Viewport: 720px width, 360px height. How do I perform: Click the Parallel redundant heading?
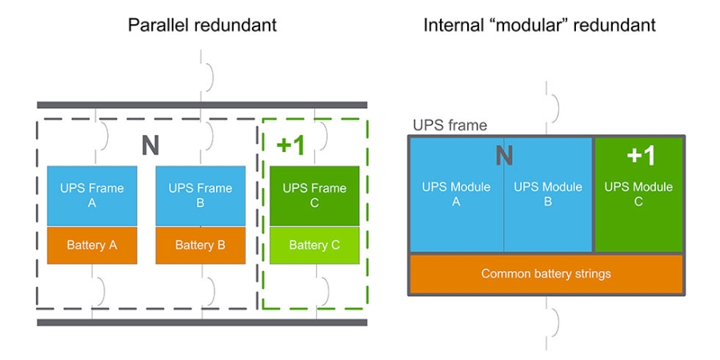coord(202,25)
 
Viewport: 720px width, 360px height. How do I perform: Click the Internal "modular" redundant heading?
coord(539,25)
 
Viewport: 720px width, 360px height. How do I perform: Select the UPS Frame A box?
coord(92,196)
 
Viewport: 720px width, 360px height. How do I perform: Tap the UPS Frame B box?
coord(201,196)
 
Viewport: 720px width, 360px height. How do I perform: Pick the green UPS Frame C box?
coord(314,196)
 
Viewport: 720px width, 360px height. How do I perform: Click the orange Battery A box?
coord(92,245)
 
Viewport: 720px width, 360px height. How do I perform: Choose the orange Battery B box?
coord(201,245)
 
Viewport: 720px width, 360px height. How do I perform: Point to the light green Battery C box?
coord(314,245)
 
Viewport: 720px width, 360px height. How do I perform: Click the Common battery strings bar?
coord(546,274)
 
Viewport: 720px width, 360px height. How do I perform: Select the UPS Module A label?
coord(456,194)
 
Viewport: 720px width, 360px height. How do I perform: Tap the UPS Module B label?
coord(547,194)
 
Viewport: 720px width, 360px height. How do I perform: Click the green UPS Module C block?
coord(638,194)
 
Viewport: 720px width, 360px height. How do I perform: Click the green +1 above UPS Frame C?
coord(291,145)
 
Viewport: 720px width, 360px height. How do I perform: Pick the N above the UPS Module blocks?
coord(504,154)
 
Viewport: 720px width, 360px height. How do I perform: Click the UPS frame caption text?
coord(449,126)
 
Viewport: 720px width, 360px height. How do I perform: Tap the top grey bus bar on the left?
coord(202,105)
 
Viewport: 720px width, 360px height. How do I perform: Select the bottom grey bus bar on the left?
coord(202,322)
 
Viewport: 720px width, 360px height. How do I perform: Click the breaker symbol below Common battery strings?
coord(550,321)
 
